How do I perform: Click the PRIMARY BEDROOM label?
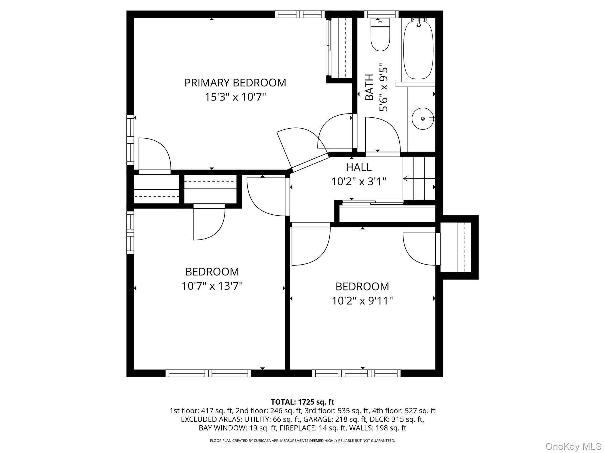[235, 83]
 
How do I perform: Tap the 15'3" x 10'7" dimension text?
[235, 97]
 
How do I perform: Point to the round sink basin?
[422, 119]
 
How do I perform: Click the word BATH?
[369, 87]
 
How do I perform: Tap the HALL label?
[358, 168]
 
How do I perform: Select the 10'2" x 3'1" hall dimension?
[358, 182]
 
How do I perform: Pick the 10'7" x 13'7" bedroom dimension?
[212, 286]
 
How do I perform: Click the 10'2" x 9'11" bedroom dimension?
[362, 301]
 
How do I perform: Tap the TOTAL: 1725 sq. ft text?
[302, 402]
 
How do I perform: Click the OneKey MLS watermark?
[573, 446]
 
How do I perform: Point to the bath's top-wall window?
[381, 14]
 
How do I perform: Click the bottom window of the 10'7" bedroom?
[208, 373]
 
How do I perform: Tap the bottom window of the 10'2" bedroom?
[356, 373]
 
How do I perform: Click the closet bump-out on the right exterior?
[459, 247]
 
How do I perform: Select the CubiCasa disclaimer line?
[302, 441]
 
